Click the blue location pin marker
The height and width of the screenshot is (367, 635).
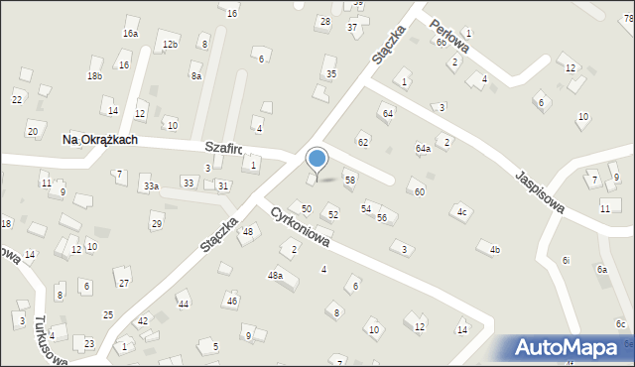(x=317, y=159)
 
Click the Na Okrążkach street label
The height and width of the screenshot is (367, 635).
(x=99, y=141)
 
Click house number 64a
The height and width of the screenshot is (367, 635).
(x=423, y=149)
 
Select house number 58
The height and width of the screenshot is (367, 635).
(x=349, y=180)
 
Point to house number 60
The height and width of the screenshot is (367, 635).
(x=420, y=191)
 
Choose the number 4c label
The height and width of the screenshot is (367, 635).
(x=461, y=211)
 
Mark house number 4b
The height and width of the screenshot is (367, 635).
(x=494, y=250)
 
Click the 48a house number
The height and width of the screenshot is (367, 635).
(x=275, y=275)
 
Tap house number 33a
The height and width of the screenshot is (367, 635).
(x=151, y=185)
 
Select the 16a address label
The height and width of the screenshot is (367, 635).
(x=130, y=34)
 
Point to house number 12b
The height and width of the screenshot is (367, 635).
(x=170, y=45)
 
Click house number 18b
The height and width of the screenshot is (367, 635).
(x=94, y=76)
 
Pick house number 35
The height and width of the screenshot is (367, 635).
(x=331, y=73)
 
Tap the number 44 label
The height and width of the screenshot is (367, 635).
(x=183, y=304)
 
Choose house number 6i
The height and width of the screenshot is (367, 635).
(x=566, y=260)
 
